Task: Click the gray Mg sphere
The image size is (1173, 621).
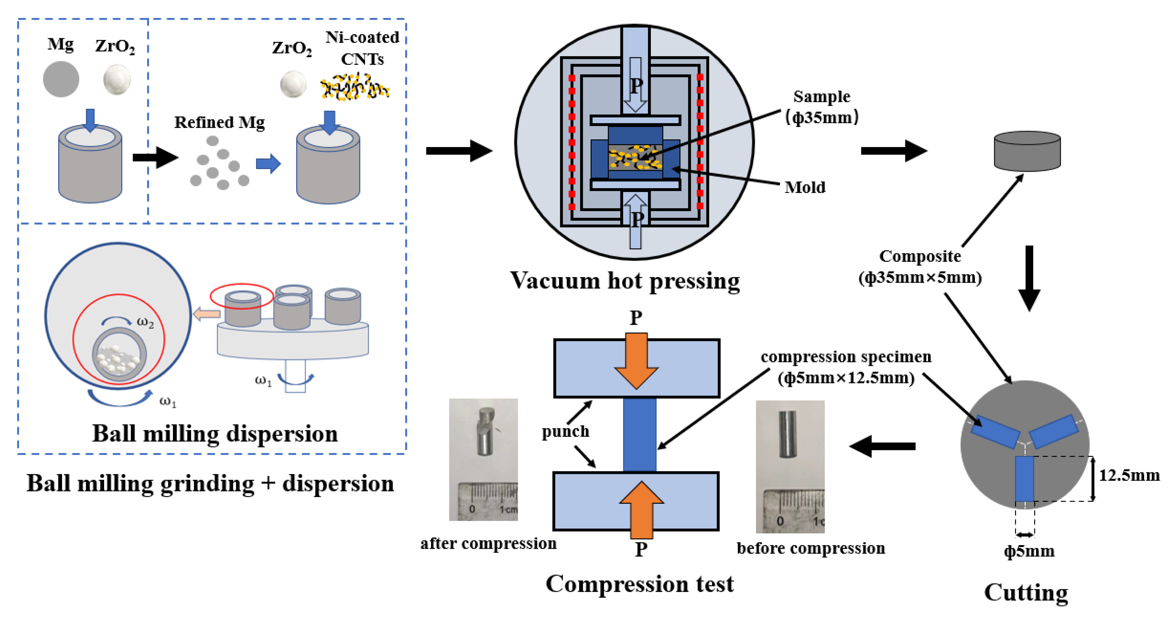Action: coord(61,79)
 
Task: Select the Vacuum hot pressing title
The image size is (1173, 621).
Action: coord(625,280)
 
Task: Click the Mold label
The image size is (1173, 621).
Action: coord(805,187)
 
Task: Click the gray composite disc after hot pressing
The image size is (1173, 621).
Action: coord(1027,151)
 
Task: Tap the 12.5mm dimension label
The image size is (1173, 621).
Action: coord(1129,475)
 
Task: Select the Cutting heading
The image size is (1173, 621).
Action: coord(1026,592)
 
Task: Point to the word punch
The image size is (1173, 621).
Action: coord(565,431)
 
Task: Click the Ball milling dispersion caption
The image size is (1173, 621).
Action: coord(215,433)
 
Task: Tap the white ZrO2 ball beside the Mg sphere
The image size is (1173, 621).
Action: coord(117,79)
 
